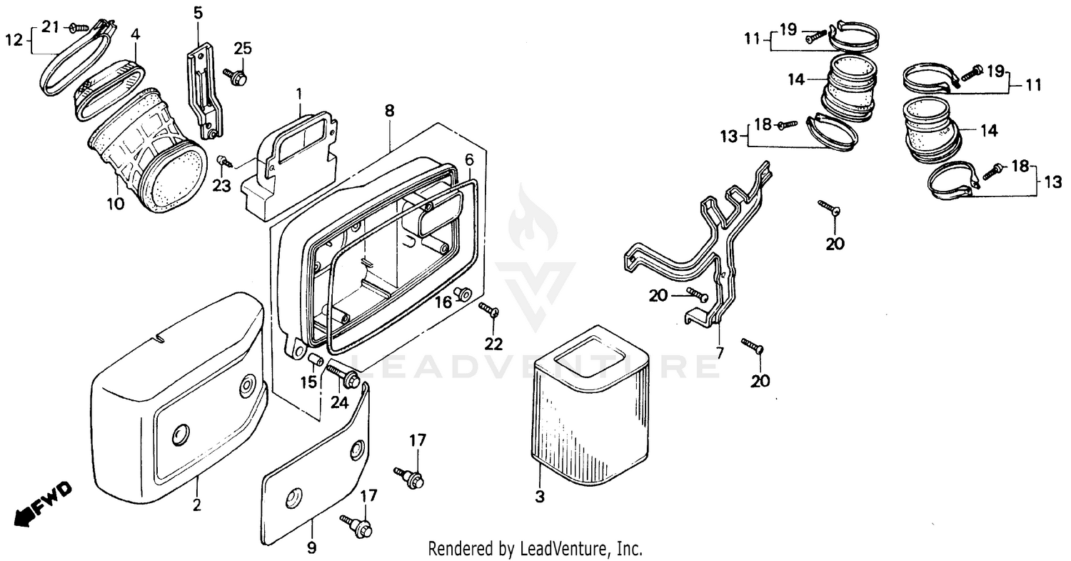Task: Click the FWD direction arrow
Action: coord(43,503)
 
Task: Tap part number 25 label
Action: coord(243,49)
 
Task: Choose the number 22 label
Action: coord(494,344)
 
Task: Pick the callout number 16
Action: coord(443,302)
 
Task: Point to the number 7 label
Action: coord(720,352)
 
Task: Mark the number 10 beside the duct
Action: coord(116,204)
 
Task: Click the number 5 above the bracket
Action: coord(198,12)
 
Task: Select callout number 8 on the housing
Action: coord(389,111)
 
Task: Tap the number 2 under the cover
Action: coord(196,505)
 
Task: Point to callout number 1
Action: coord(299,94)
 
